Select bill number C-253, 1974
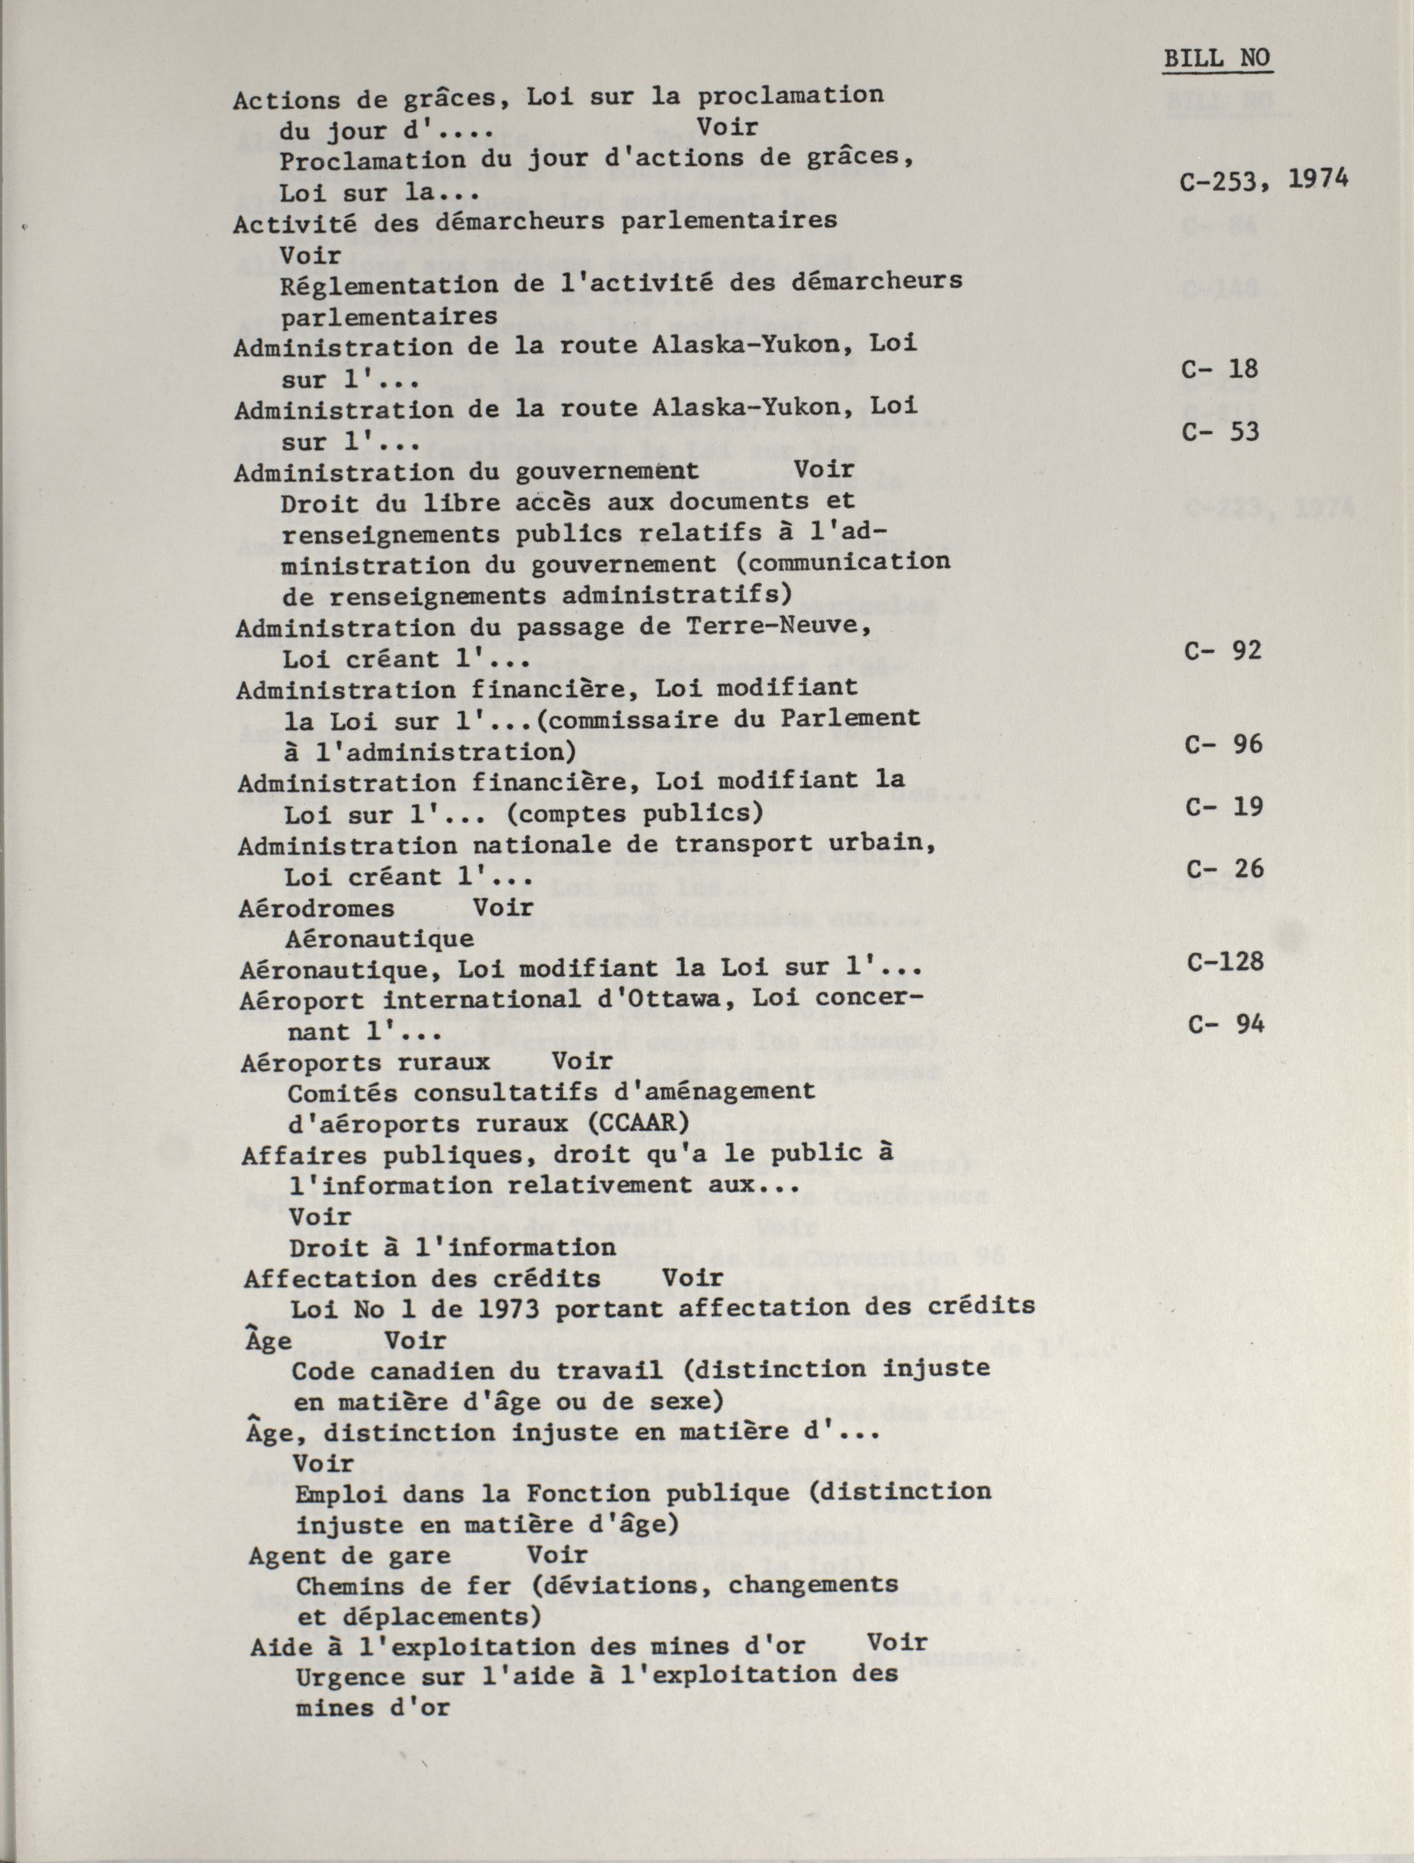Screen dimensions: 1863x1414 point(1263,180)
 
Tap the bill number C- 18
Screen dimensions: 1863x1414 point(1220,369)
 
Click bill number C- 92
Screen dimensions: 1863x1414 point(1223,650)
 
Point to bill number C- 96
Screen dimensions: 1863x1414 point(1224,745)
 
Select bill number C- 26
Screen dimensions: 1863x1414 point(1225,869)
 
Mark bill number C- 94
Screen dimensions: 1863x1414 point(1226,1024)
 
